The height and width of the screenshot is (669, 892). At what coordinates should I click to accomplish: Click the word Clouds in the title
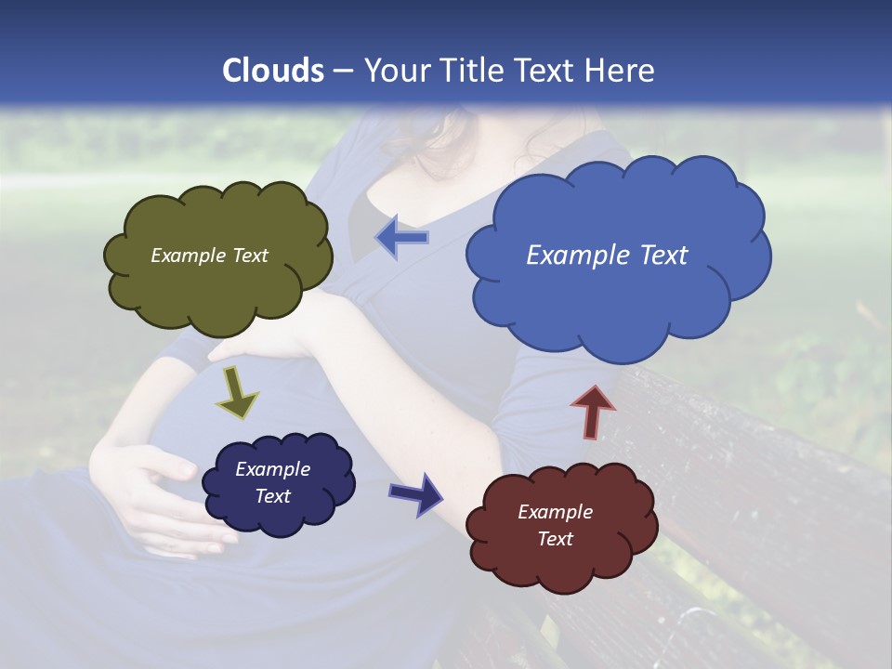coord(273,71)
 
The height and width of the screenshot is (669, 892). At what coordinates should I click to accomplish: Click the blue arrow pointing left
coord(401,238)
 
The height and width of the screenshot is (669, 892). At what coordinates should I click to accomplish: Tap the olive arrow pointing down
coord(237,395)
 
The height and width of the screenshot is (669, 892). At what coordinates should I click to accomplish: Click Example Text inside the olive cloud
coord(209,256)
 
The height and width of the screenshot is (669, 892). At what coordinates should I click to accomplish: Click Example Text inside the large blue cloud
coord(607,256)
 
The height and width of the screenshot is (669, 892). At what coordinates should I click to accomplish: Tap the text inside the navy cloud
coord(272,483)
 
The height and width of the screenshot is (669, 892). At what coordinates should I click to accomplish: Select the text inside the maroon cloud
coord(555,525)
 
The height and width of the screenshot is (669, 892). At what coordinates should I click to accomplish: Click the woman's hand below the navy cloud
coord(167,520)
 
